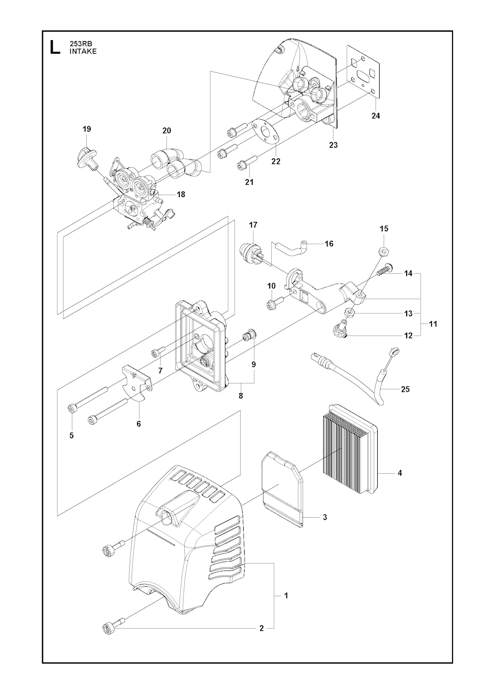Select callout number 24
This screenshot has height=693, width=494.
point(376,116)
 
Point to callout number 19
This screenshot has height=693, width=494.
point(87,129)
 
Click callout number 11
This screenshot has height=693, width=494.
point(433,324)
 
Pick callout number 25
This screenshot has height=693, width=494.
point(405,389)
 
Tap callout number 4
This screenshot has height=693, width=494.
point(400,473)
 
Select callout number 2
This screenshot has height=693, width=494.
point(261,628)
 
